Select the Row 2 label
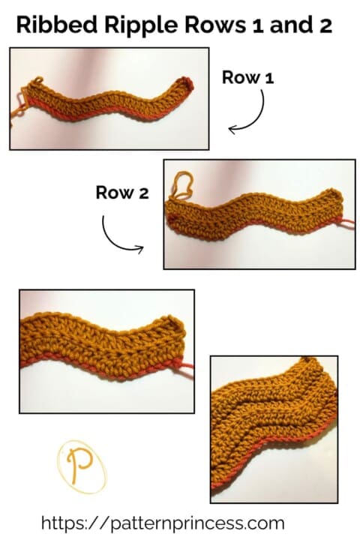[x=122, y=193]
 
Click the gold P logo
[x=81, y=465]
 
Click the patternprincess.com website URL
[x=163, y=522]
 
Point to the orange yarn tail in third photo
[x=184, y=366]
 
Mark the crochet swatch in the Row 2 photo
[x=255, y=214]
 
